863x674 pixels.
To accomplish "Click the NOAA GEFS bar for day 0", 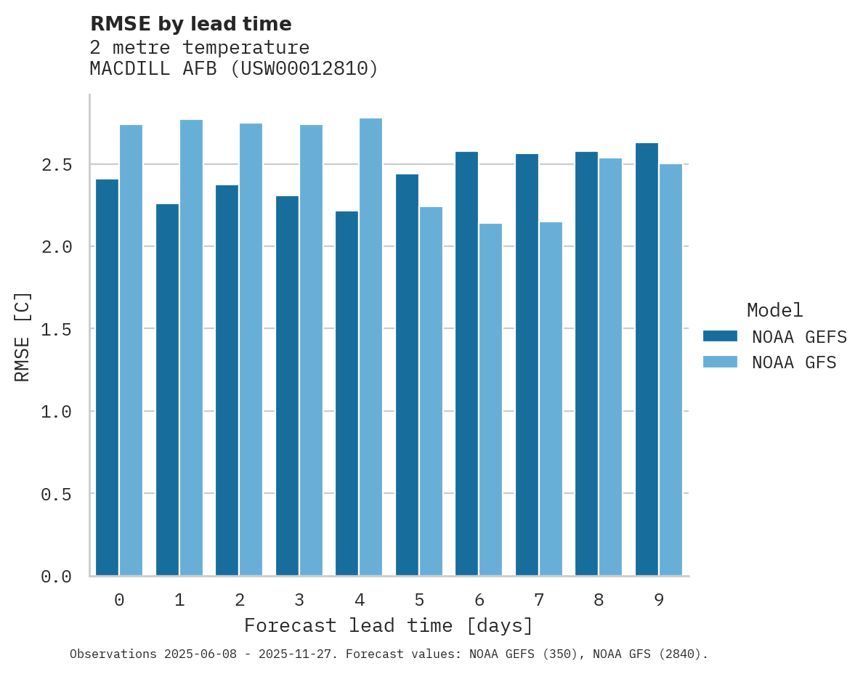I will coord(107,378).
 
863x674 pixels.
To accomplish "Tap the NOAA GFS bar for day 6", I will coord(490,399).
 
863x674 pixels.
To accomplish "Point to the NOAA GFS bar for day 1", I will coord(191,348).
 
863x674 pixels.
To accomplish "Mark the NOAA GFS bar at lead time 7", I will coord(551,399).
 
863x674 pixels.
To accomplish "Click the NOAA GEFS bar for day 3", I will coord(287,386).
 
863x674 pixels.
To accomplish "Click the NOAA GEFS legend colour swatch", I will coord(720,336).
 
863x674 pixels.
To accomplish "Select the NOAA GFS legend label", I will coord(794,362).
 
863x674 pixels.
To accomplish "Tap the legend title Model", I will coord(774,310).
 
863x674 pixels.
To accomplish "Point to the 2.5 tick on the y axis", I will coord(57,165).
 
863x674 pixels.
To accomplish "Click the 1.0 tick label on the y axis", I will coord(57,412).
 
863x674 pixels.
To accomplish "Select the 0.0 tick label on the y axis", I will coord(57,577).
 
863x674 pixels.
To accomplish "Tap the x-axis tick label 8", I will coord(598,600).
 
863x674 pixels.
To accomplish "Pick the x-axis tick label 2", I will coord(239,600).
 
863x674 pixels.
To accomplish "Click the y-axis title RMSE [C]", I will coord(23,336).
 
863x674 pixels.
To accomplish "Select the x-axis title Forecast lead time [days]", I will coord(389,625).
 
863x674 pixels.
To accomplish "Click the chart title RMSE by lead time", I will coord(190,24).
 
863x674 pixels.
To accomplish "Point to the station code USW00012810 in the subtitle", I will coord(304,69).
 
